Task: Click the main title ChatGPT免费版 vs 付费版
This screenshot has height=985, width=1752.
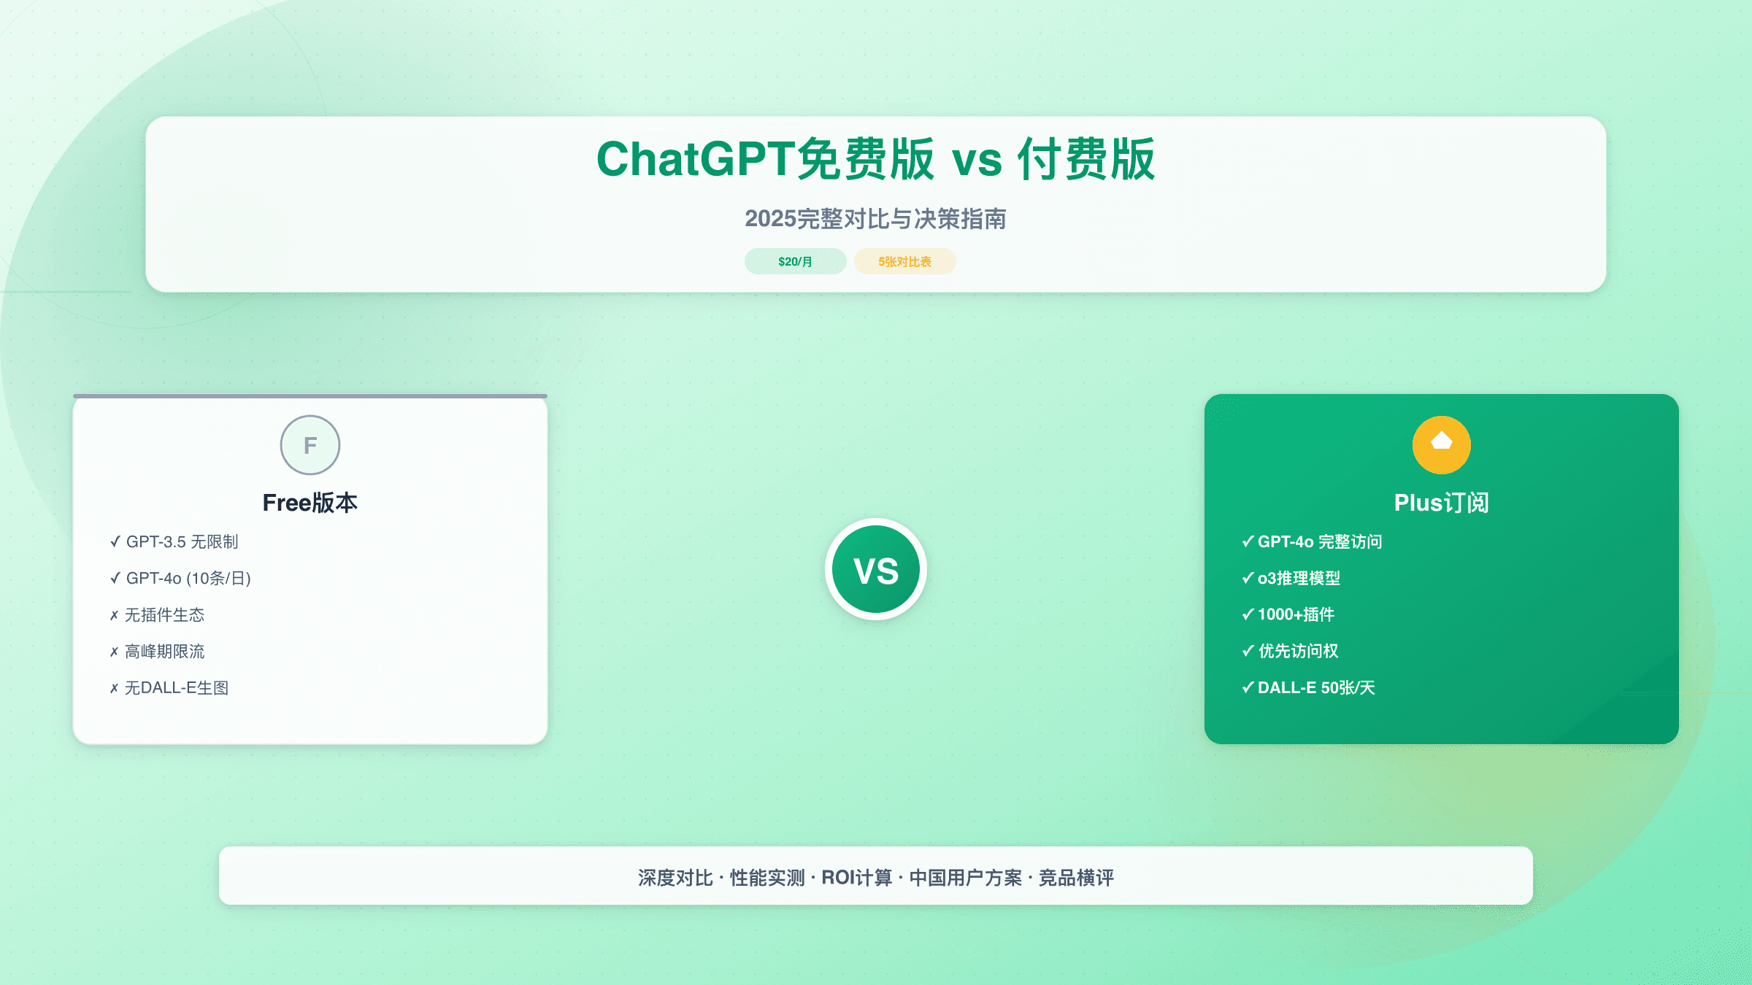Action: (x=875, y=159)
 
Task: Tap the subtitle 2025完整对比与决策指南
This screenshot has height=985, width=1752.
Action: (x=875, y=219)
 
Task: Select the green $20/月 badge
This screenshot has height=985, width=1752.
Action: (x=795, y=261)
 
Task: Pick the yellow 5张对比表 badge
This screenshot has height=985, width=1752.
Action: (x=904, y=261)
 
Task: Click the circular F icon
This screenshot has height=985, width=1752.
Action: (x=310, y=445)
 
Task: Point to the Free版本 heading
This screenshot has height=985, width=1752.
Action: (x=310, y=503)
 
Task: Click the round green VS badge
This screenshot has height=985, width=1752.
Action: (x=876, y=570)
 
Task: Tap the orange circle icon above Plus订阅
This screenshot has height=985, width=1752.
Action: (x=1441, y=445)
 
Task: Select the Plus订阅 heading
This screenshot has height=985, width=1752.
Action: (x=1441, y=503)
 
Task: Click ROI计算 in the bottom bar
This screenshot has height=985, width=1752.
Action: (x=856, y=877)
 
